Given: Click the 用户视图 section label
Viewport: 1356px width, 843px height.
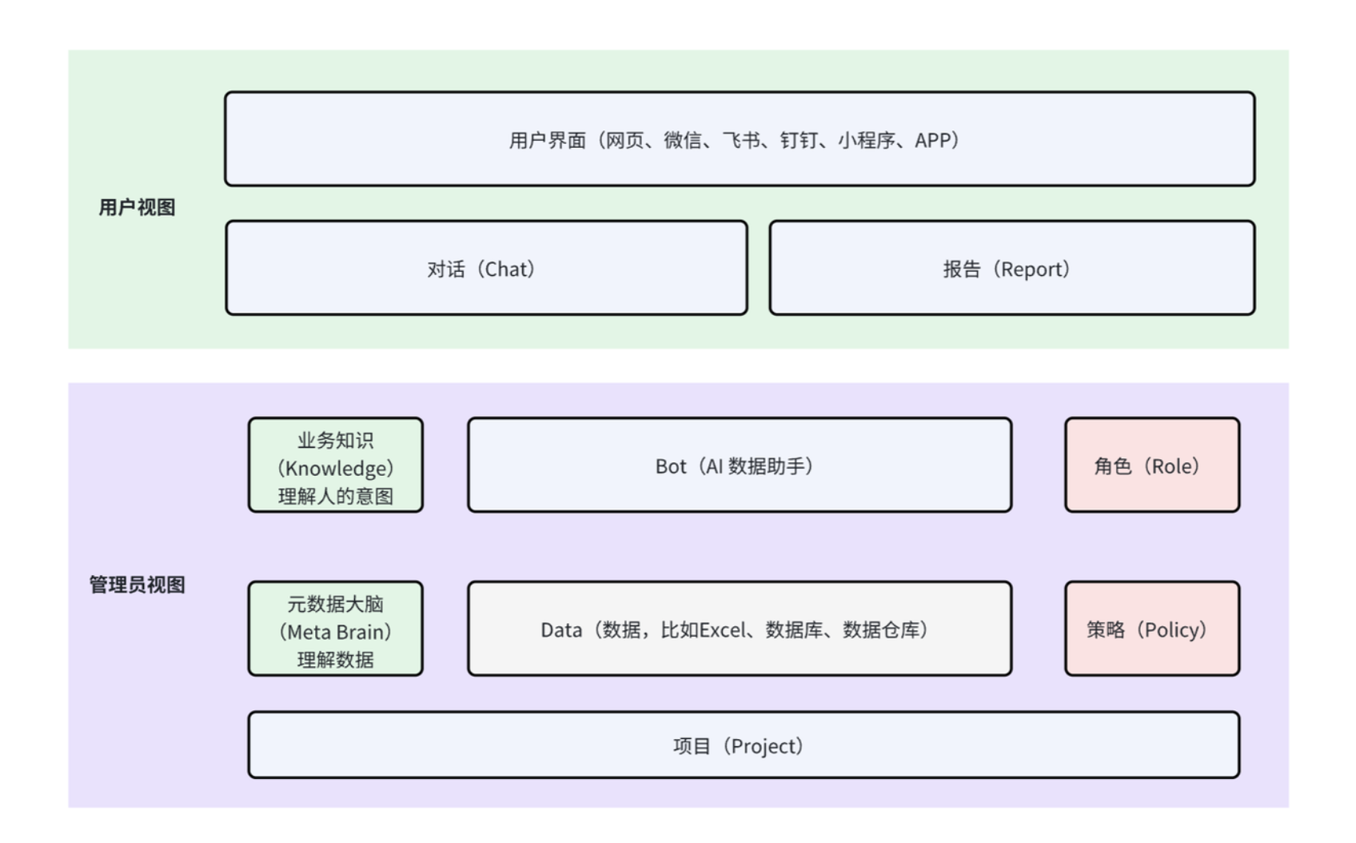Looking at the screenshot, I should (x=137, y=208).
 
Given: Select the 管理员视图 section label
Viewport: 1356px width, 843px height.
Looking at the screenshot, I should (x=137, y=585).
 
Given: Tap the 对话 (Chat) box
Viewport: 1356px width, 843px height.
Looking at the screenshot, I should (x=486, y=269).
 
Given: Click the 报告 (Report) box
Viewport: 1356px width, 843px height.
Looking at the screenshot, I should (x=1011, y=269).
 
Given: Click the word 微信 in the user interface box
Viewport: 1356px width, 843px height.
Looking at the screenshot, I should (x=682, y=141).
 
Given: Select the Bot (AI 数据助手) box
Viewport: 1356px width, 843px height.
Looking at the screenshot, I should (x=739, y=465).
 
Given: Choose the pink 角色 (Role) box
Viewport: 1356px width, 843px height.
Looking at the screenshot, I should (x=1151, y=465).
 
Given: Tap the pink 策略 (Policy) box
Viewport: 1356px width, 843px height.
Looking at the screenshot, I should (x=1151, y=629).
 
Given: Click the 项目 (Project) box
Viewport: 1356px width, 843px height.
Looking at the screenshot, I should (x=743, y=745).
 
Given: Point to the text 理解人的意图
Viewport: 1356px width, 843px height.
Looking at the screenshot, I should (x=335, y=497).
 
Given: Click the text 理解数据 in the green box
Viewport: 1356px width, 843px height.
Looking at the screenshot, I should (x=335, y=660).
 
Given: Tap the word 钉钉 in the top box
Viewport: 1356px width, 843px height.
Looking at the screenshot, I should (x=799, y=141).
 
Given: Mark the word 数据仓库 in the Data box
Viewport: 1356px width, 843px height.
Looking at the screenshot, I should (x=880, y=630).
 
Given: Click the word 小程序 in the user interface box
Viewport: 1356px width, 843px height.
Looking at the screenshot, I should (x=866, y=141).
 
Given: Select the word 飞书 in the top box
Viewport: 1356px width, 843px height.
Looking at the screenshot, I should (x=740, y=141).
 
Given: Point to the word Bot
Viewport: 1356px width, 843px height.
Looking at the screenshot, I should (x=670, y=466).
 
